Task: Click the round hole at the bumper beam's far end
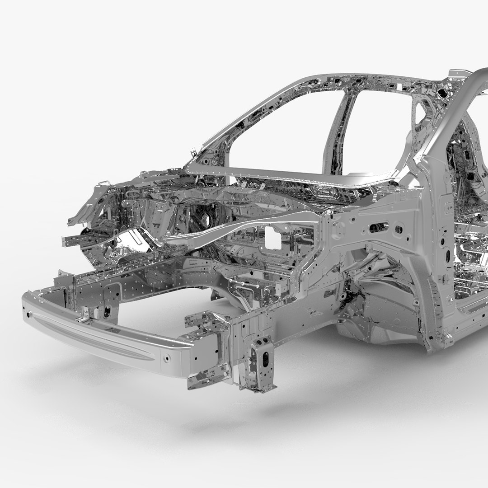pos(29,314)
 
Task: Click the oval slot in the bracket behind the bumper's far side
pos(107,312)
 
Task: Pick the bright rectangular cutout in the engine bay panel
pos(273,238)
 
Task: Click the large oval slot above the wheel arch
pos(379,227)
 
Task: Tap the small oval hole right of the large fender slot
pos(399,230)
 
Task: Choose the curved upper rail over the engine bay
pos(244,226)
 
